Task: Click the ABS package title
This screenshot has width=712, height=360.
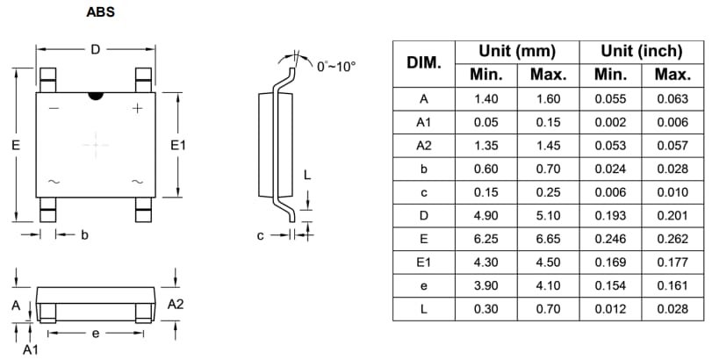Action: coord(100,12)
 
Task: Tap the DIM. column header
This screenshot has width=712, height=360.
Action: coord(423,63)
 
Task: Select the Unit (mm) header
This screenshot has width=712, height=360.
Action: coord(517,51)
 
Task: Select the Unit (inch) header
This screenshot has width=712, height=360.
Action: coord(641,51)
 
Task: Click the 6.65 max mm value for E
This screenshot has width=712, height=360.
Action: coord(548,239)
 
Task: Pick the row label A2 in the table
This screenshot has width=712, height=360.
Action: coord(423,146)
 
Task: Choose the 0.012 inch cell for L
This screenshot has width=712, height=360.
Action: coord(610,309)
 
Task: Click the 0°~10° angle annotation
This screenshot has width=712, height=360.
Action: coord(336,66)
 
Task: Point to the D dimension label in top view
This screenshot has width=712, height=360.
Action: coord(95,49)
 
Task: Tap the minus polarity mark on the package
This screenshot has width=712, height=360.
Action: coord(54,109)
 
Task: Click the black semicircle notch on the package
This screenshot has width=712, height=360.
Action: coord(95,93)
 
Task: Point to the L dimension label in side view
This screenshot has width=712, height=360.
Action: coord(306,175)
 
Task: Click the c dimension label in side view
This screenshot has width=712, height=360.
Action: coord(261,235)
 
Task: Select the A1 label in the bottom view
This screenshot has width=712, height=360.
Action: coord(30,349)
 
